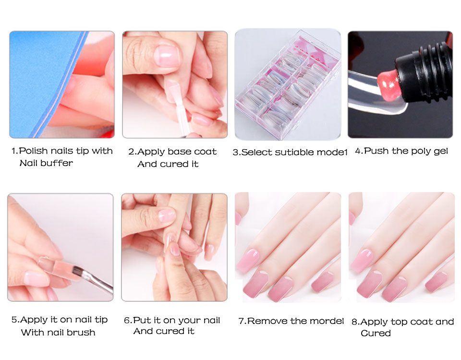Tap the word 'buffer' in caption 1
tap(57, 163)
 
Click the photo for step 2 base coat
tap(175, 84)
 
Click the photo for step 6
tap(174, 247)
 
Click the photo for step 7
tap(288, 247)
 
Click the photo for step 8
tap(401, 247)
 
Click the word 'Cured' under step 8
tap(376, 333)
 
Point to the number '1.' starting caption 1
tap(15, 151)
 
